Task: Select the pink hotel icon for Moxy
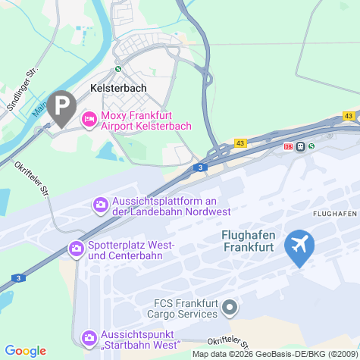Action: (x=89, y=119)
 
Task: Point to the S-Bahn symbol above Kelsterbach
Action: (x=117, y=68)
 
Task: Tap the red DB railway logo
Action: (x=288, y=146)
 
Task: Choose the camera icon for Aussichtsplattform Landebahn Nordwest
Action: (x=100, y=205)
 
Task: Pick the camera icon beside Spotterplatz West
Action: (x=76, y=248)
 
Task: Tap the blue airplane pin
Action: (x=300, y=246)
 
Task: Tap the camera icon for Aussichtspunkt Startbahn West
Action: (x=89, y=337)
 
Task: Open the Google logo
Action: (x=25, y=350)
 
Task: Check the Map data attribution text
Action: (x=274, y=354)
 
